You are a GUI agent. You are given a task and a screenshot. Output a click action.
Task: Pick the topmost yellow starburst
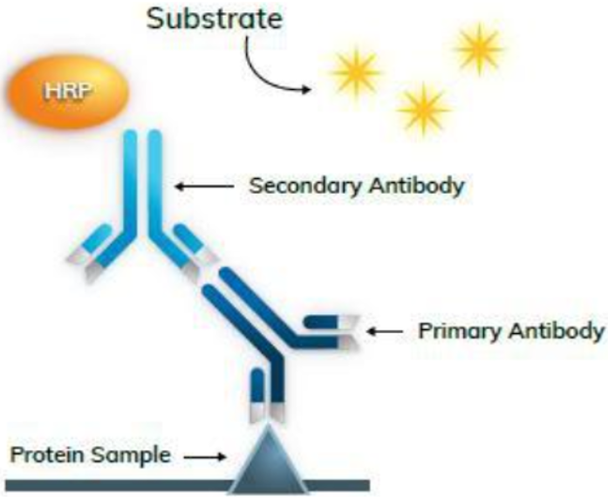click(478, 49)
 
